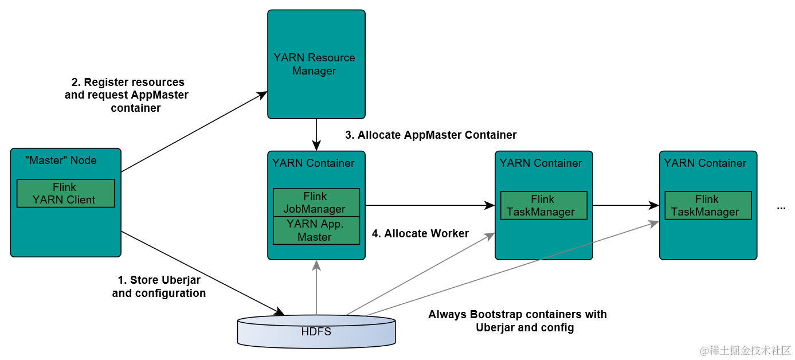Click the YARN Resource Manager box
(316, 64)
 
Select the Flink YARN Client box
(66, 194)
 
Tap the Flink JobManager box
(316, 203)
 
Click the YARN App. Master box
(316, 230)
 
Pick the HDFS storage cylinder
(316, 331)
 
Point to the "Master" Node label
(61, 161)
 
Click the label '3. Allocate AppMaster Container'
(431, 135)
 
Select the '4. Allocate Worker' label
(420, 234)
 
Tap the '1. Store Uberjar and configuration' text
(159, 287)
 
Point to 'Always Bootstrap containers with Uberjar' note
(518, 321)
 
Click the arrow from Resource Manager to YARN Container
(316, 135)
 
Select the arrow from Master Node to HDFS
(203, 273)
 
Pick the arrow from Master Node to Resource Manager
(194, 132)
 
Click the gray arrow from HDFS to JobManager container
(316, 287)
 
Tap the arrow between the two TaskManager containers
(626, 205)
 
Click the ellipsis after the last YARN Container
(781, 208)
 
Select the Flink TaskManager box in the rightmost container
(708, 206)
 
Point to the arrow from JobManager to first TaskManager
(430, 205)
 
